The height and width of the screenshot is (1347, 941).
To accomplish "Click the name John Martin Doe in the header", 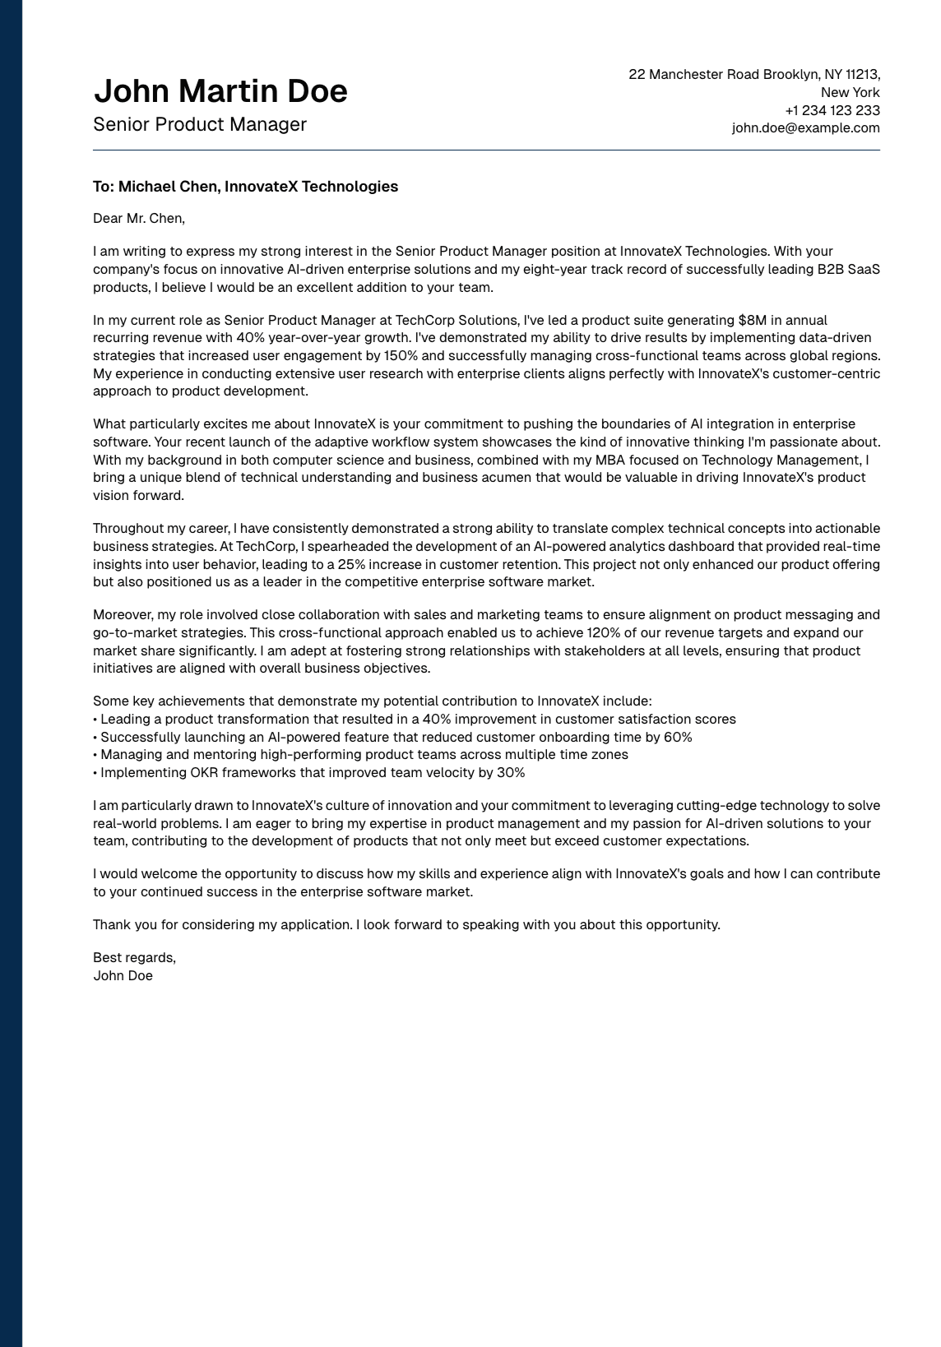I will click(x=220, y=91).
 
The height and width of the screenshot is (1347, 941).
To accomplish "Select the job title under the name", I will click(x=200, y=125).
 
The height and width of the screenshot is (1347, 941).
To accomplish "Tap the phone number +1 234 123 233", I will click(x=832, y=110).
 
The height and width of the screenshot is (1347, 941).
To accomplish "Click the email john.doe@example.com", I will click(x=805, y=128).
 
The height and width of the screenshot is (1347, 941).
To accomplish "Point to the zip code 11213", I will click(x=862, y=75).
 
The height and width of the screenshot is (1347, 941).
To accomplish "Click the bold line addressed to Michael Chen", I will click(x=245, y=187).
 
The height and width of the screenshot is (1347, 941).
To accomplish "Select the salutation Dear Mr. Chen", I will click(x=139, y=219).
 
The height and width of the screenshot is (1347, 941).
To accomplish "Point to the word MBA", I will click(x=610, y=460).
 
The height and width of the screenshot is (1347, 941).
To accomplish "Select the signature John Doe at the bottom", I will click(x=123, y=976).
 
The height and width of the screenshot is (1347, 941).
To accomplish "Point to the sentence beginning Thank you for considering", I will click(x=406, y=925).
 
